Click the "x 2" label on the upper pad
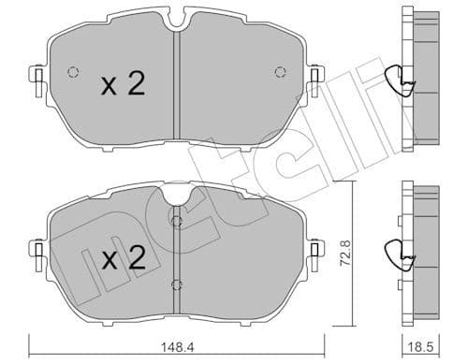click(x=123, y=86)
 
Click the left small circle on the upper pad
click(x=71, y=73)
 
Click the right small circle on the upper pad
click(x=279, y=73)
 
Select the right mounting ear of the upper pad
click(x=316, y=75)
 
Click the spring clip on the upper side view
click(x=403, y=83)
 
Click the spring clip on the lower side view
click(x=403, y=253)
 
